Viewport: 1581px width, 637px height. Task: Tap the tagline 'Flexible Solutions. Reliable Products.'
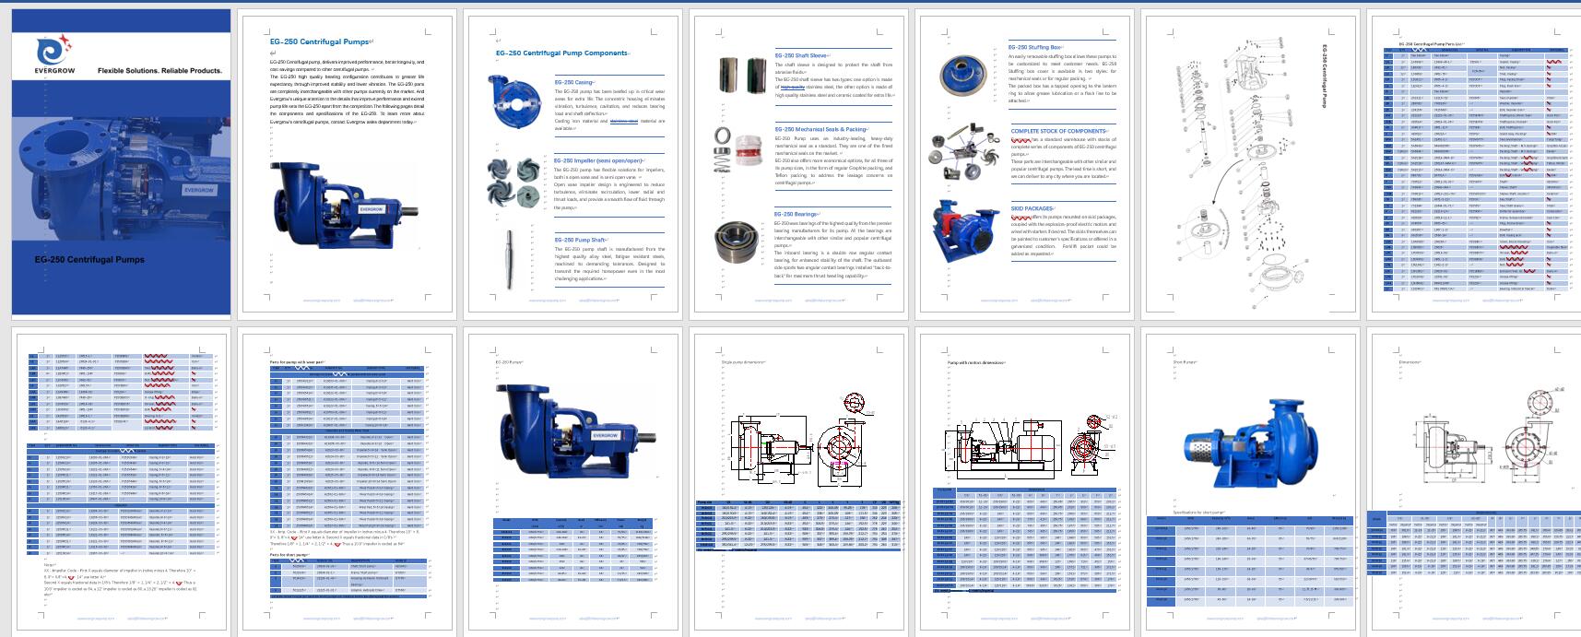[159, 71]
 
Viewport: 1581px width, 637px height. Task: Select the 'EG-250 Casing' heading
[574, 82]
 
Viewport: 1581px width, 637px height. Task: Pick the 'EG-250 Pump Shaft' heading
[581, 240]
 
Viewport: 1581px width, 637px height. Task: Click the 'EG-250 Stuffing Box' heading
[1035, 47]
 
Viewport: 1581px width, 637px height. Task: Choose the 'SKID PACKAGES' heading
[1032, 208]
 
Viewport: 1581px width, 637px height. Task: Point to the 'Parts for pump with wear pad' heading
[298, 362]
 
